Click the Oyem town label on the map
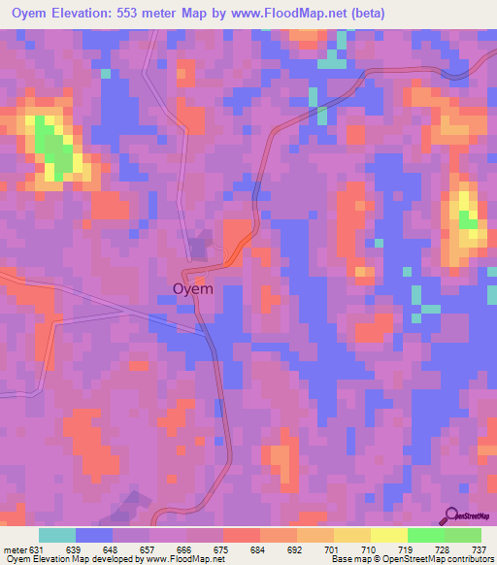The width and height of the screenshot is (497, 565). pos(192,288)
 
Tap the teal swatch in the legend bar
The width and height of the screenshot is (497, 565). pos(57,535)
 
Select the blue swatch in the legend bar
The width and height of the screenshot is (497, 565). pos(94,535)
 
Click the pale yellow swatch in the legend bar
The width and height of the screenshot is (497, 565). pos(389,535)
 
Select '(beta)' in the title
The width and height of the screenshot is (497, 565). pos(367,14)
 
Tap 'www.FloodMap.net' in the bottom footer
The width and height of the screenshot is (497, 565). pos(177,558)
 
